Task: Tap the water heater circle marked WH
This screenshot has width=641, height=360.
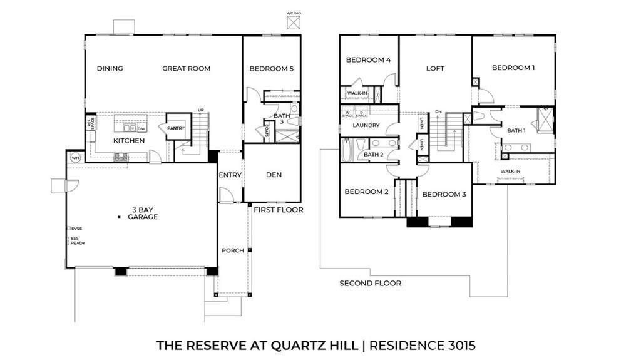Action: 76,157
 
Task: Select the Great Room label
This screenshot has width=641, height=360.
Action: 186,69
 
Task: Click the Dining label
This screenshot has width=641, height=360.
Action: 110,69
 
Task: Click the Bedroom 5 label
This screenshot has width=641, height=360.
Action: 271,69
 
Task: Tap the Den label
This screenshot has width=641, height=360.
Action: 274,175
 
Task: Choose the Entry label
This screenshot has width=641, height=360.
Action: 230,175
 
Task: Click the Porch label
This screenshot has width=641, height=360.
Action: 232,250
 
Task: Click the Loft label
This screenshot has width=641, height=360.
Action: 435,69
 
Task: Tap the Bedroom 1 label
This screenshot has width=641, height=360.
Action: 513,68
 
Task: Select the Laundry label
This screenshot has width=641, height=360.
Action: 366,125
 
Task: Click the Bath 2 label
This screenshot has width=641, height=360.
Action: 373,154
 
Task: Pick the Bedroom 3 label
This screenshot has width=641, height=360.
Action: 444,195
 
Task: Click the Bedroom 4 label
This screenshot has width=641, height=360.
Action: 369,60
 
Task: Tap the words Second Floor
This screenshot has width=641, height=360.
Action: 370,283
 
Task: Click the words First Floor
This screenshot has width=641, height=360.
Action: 278,210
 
